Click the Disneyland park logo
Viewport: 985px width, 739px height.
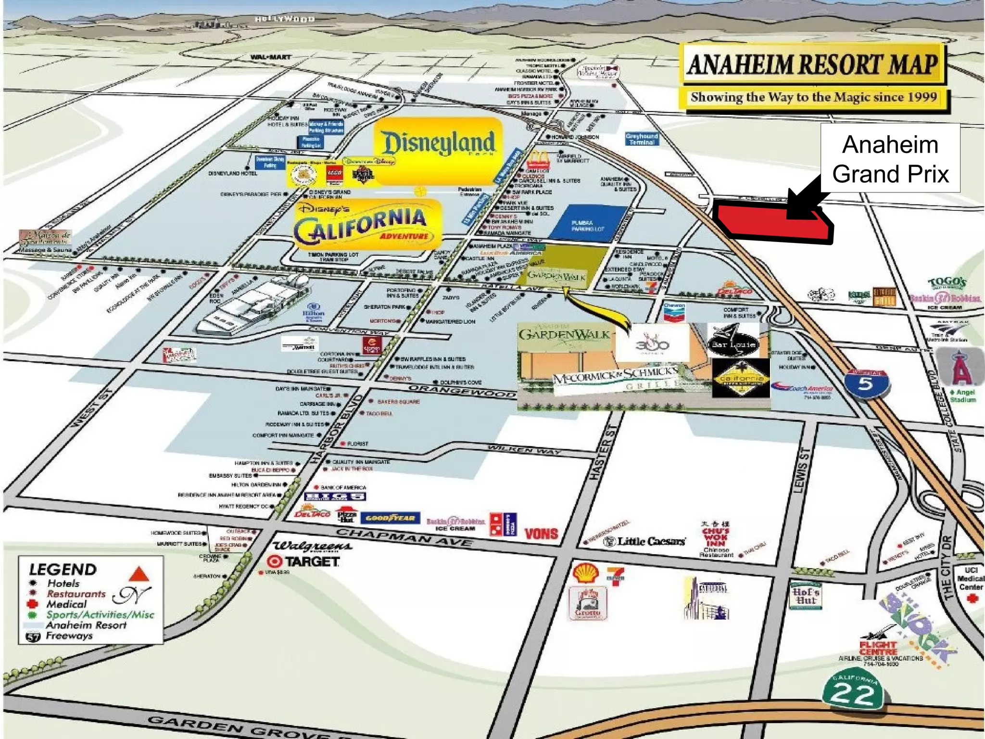tap(438, 143)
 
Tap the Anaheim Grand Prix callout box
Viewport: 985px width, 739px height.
tap(890, 159)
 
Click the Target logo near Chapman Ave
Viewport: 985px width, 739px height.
tap(303, 561)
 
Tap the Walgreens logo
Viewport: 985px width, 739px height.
tap(313, 546)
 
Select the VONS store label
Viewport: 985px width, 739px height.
tap(541, 534)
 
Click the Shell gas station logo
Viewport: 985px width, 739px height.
tap(585, 574)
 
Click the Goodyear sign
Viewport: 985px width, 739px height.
tap(390, 518)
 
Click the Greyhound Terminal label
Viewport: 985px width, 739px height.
tap(642, 139)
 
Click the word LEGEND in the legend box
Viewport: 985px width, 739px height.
tap(63, 570)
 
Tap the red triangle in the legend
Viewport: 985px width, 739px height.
tap(139, 574)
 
